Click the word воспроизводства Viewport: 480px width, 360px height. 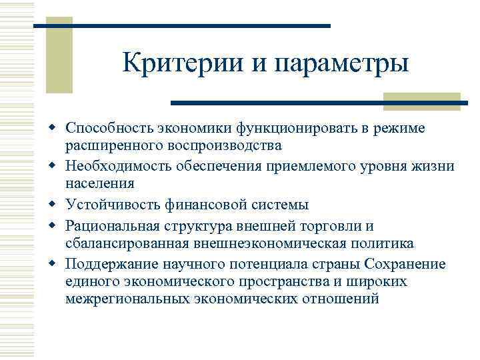[x=221, y=145]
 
